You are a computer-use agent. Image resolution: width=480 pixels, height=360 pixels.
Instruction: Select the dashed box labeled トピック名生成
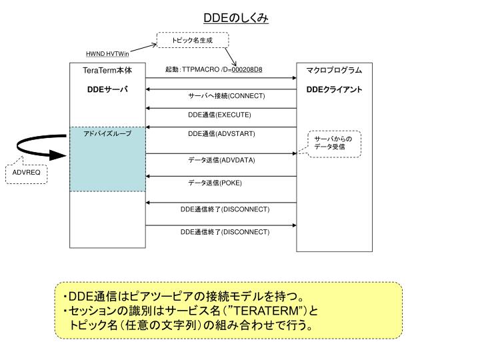point(192,41)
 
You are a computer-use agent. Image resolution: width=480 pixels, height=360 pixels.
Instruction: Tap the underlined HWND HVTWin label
point(107,54)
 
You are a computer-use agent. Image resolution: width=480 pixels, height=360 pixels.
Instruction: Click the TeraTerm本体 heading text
point(107,71)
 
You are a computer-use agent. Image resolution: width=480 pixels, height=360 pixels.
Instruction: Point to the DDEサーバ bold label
point(107,89)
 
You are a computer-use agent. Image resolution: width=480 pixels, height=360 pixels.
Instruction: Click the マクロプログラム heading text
point(334,71)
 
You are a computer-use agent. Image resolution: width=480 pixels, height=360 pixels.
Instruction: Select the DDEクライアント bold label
point(334,89)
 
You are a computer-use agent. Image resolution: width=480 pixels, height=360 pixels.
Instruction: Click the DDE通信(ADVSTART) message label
point(221,134)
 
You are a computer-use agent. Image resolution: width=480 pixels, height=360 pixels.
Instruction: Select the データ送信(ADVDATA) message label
point(221,161)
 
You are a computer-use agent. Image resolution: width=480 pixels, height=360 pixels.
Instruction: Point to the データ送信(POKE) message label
point(215,183)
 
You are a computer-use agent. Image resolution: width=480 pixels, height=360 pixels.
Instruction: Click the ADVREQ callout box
point(27,173)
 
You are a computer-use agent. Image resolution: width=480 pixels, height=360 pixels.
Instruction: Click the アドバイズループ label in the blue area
point(107,134)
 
